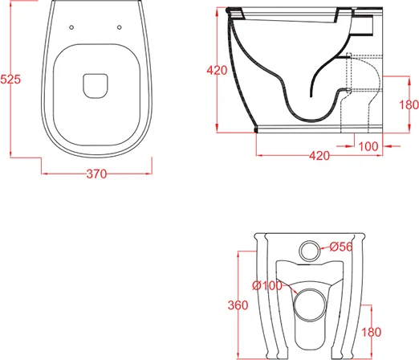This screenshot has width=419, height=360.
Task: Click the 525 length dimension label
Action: pyautogui.click(x=10, y=80)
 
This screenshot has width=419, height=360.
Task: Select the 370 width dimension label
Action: pyautogui.click(x=96, y=174)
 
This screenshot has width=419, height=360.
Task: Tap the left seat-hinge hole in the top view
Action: pyautogui.click(x=71, y=27)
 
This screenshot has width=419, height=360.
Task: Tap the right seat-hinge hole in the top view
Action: pyautogui.click(x=120, y=27)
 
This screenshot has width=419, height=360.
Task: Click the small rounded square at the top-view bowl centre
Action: pyautogui.click(x=96, y=86)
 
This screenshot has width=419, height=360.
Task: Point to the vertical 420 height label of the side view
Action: pyautogui.click(x=217, y=70)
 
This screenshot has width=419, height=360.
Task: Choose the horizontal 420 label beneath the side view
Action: pyautogui.click(x=319, y=156)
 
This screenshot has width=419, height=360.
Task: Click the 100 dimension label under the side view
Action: pyautogui.click(x=368, y=146)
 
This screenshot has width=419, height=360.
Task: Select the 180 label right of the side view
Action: pyautogui.click(x=409, y=104)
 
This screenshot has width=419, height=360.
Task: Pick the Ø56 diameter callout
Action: pyautogui.click(x=341, y=247)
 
